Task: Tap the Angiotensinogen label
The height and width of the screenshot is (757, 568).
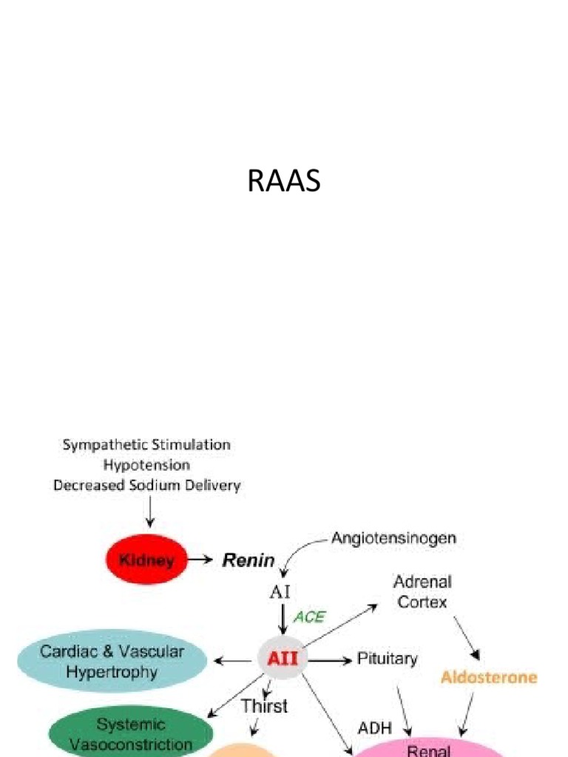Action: click(393, 538)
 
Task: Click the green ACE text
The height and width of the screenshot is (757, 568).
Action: click(309, 617)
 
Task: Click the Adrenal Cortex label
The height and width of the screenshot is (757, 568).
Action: click(422, 591)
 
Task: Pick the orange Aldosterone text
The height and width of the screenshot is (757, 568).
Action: click(489, 677)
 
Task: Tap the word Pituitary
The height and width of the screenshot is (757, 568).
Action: click(388, 658)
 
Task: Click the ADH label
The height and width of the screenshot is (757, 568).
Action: click(375, 728)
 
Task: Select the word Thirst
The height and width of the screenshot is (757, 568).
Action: click(264, 706)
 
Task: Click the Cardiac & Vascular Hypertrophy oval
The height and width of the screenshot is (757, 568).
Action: click(112, 662)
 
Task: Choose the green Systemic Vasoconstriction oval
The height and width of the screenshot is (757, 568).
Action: click(130, 734)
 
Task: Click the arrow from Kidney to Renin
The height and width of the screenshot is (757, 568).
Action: click(199, 560)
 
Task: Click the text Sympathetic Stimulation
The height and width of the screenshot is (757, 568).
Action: click(146, 445)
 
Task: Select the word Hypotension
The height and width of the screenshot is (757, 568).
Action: click(146, 465)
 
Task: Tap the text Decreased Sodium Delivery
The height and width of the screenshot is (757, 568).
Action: click(146, 486)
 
